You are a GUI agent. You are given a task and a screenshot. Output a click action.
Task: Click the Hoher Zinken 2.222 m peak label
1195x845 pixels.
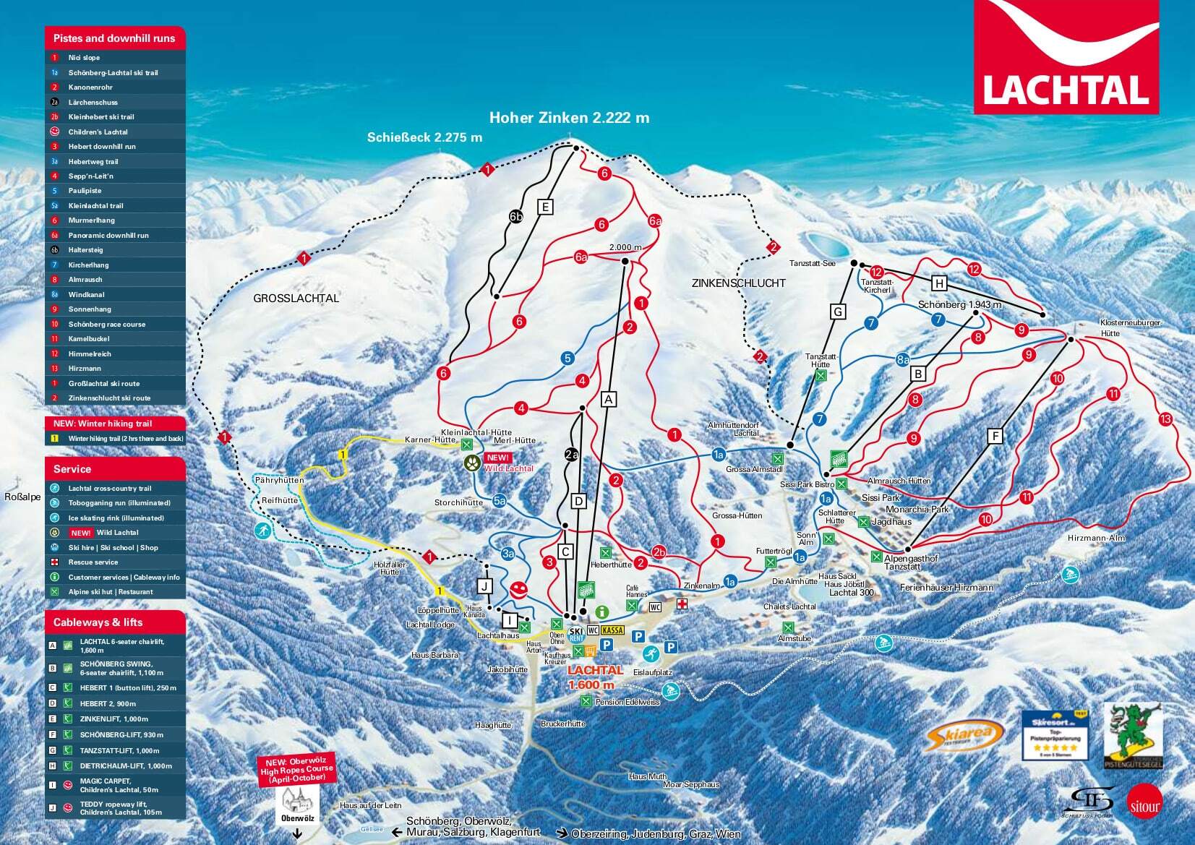point(569,118)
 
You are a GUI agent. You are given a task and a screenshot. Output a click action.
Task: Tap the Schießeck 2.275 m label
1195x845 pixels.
point(424,137)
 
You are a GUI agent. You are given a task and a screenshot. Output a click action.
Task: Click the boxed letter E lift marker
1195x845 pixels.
point(546,207)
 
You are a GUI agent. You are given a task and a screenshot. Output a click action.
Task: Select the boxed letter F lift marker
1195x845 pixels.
point(995,436)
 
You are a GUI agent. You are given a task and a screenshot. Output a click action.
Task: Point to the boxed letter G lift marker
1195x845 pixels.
point(838,312)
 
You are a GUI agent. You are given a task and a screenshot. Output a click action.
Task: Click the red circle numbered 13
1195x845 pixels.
point(1165,419)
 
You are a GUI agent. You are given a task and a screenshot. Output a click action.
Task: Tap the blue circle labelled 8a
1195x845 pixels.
point(903,359)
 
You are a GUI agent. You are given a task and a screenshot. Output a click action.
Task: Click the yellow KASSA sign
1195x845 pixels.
point(612,630)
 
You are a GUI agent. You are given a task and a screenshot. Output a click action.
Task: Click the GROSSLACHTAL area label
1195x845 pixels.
point(296,298)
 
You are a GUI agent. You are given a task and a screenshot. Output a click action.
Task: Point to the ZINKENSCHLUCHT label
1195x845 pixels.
point(738,283)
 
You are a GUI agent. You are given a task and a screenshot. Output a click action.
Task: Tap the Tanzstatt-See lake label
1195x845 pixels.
point(812,264)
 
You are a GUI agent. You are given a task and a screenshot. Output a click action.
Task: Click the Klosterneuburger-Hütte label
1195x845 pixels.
point(1131,327)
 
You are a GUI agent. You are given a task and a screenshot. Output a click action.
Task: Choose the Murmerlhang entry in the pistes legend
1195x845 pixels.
point(91,220)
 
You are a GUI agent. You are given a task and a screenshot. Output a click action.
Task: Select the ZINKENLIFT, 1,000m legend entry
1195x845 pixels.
point(113,719)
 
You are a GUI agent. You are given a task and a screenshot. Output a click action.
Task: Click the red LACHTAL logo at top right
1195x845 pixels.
point(1066,57)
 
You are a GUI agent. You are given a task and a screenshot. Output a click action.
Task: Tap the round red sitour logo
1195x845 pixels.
point(1144,805)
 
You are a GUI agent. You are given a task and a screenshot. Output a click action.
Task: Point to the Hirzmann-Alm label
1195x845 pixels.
point(1096,538)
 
